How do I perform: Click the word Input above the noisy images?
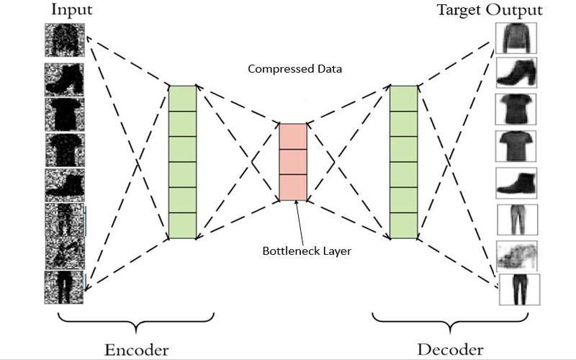tap(71, 10)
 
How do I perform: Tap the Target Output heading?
tap(490, 10)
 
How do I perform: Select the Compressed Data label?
tap(295, 68)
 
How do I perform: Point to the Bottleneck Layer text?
tap(307, 251)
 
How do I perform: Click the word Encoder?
tap(137, 349)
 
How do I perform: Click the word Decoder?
tap(451, 349)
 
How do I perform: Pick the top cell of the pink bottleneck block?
tap(293, 136)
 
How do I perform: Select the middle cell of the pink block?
tap(293, 161)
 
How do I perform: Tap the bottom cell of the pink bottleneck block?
tap(293, 187)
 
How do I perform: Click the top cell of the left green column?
tap(183, 99)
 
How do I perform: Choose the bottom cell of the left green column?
tap(183, 226)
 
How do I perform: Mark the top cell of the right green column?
tap(404, 99)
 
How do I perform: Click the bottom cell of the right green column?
tap(404, 226)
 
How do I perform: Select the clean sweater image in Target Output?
tap(516, 38)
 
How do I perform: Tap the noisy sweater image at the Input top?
tap(65, 40)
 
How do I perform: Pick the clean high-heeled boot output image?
tap(516, 73)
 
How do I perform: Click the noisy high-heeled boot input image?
tap(64, 80)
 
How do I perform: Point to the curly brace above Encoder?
tap(136, 322)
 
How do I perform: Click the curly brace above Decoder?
tap(451, 322)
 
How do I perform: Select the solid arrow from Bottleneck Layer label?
tap(300, 222)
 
